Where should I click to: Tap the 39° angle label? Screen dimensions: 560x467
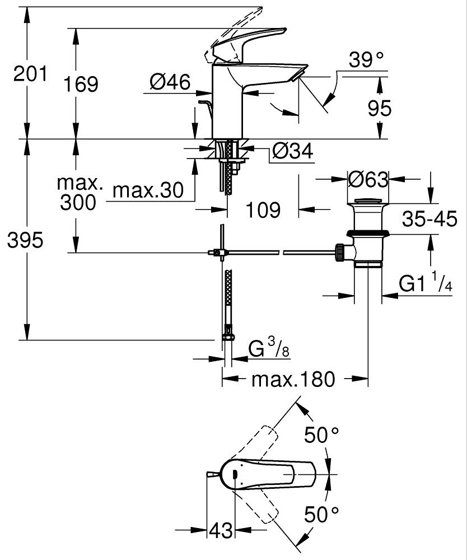367,59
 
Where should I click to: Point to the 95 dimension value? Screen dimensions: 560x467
380,108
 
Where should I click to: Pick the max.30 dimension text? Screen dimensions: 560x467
148,191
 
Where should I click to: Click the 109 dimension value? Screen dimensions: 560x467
263,210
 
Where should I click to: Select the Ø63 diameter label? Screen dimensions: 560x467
368,180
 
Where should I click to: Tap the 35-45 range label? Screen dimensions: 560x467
429,220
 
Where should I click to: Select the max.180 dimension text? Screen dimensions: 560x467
293,379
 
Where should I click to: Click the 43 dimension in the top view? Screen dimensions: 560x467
221,530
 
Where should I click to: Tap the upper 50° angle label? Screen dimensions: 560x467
321,434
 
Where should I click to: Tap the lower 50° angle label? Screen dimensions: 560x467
321,514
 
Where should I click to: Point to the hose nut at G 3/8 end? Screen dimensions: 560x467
228,337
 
